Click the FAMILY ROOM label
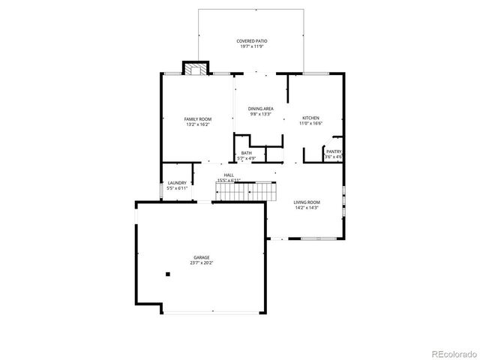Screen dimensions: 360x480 [x=198, y=119]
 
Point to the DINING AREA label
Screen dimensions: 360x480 [x=260, y=109]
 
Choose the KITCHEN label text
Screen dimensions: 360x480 [x=310, y=118]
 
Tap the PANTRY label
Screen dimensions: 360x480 [x=334, y=152]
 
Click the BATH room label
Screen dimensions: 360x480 [x=247, y=153]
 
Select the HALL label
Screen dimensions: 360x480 [x=228, y=175]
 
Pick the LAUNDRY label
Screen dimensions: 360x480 [x=177, y=183]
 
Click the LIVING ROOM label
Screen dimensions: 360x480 [x=307, y=202]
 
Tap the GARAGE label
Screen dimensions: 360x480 [x=200, y=258]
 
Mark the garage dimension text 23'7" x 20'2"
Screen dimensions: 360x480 [x=200, y=263]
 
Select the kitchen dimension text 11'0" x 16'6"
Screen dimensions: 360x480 [x=310, y=124]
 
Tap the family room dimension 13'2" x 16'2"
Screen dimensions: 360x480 [x=198, y=124]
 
